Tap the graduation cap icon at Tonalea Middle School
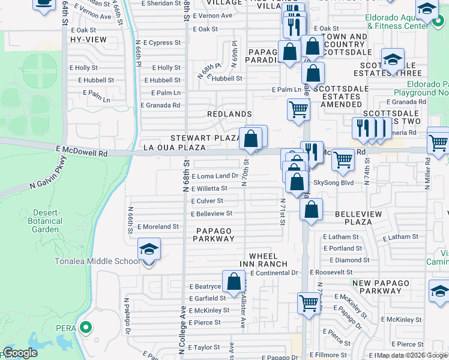click(x=148, y=249)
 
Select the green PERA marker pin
click(x=85, y=328)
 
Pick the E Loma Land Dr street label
click(x=214, y=176)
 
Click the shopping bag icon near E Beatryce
click(x=234, y=281)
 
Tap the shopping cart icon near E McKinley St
click(x=309, y=303)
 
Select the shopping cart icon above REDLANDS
click(x=298, y=110)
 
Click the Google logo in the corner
click(x=20, y=353)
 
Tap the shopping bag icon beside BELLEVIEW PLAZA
click(x=311, y=210)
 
